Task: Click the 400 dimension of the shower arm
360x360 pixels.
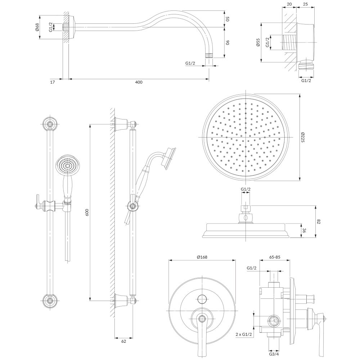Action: pos(139,82)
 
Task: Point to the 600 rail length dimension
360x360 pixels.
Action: pos(86,212)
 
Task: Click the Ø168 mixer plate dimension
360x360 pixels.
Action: pos(202,257)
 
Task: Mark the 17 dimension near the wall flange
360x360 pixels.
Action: pos(53,82)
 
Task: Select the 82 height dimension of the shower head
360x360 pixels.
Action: pos(319,221)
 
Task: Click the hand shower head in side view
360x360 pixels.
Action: pos(168,157)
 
